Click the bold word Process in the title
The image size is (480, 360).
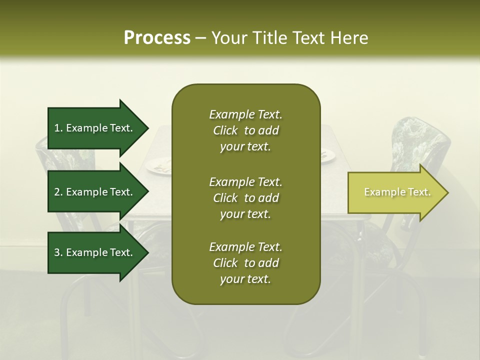point(157,38)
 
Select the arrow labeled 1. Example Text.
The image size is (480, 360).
point(95,128)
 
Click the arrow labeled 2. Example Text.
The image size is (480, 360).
point(95,192)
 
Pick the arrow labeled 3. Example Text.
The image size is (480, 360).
point(95,252)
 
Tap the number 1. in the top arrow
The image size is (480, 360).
point(58,128)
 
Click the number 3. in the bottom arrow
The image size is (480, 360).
point(58,252)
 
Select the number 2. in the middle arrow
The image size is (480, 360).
point(58,192)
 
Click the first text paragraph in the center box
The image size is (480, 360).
point(245,130)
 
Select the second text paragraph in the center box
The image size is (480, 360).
point(245,198)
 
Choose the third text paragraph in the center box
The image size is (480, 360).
point(245,263)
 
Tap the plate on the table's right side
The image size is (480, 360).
point(327,156)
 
